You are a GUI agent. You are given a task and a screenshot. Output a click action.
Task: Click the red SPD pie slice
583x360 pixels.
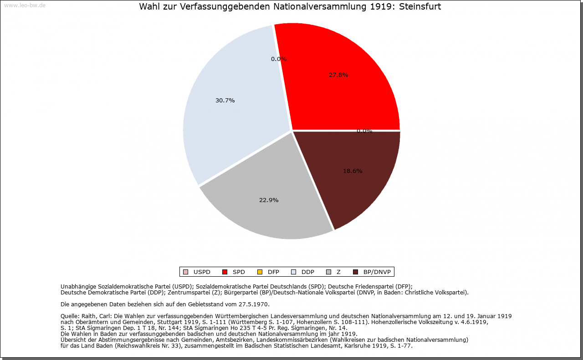(x=346, y=91)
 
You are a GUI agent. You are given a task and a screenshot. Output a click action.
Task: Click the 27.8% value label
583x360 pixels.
(x=338, y=75)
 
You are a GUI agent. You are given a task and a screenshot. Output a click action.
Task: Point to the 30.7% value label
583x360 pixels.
(x=225, y=101)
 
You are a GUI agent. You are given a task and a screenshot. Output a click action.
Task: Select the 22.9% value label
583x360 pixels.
(x=269, y=200)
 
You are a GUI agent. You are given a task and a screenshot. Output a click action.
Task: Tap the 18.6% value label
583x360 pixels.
(x=353, y=171)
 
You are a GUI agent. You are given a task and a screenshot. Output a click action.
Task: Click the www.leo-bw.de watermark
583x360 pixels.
(x=25, y=5)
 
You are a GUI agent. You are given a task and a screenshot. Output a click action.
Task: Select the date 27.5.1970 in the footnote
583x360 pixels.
(x=254, y=304)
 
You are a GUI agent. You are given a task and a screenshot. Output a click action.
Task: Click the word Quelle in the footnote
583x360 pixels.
(x=70, y=316)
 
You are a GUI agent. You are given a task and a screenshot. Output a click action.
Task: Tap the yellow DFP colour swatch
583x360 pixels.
(x=260, y=272)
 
